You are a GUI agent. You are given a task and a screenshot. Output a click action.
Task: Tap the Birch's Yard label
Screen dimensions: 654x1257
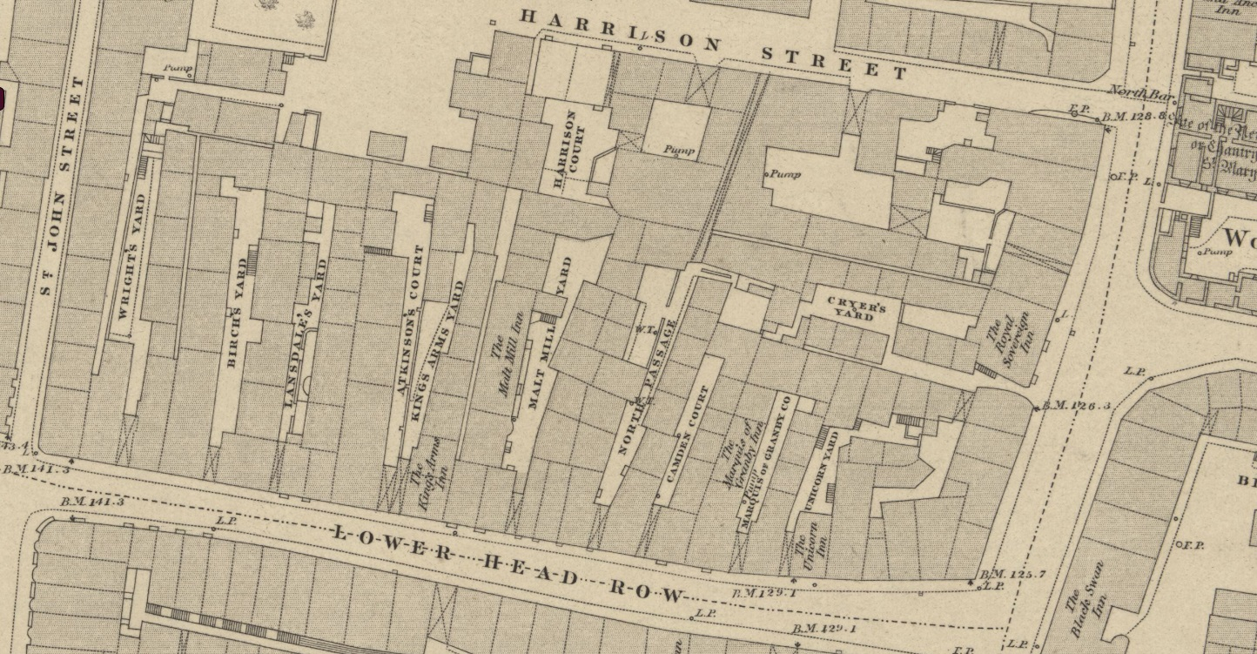[x=235, y=313]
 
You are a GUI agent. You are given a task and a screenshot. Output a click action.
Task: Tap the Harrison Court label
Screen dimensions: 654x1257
[x=565, y=150]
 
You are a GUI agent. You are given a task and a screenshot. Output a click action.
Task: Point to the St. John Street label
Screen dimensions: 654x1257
[x=61, y=185]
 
